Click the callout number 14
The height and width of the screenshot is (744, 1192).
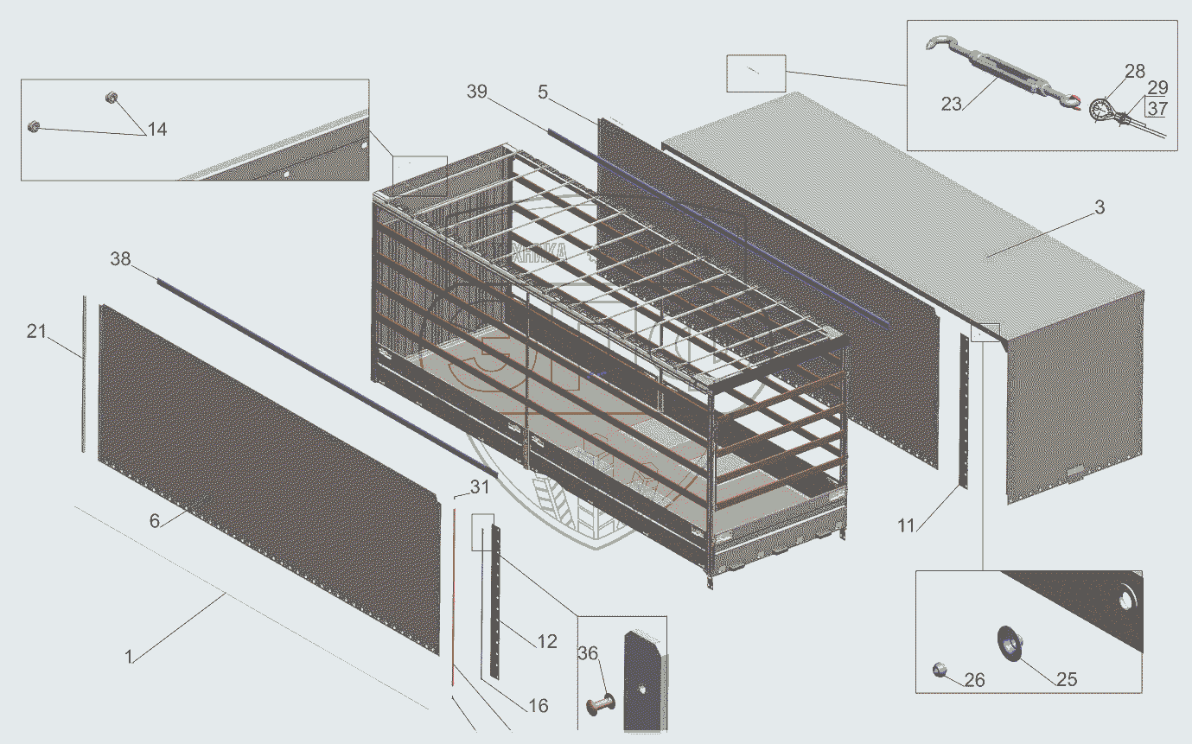coord(156,130)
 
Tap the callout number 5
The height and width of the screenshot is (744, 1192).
coord(542,91)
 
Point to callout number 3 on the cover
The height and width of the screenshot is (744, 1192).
coord(1099,207)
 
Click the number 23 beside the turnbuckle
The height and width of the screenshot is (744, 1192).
coord(952,103)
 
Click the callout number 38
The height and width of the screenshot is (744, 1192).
coord(121,258)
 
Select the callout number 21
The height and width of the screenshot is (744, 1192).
coord(36,330)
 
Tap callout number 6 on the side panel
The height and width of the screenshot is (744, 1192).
coord(154,520)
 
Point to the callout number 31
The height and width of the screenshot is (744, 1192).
coord(479,486)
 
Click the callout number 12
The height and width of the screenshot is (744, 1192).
coord(546,641)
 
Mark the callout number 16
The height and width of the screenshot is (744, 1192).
coord(538,706)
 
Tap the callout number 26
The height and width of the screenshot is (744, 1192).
coord(974,680)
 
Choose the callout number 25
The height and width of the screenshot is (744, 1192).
coord(1067,679)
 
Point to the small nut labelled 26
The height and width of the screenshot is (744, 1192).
coord(940,669)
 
